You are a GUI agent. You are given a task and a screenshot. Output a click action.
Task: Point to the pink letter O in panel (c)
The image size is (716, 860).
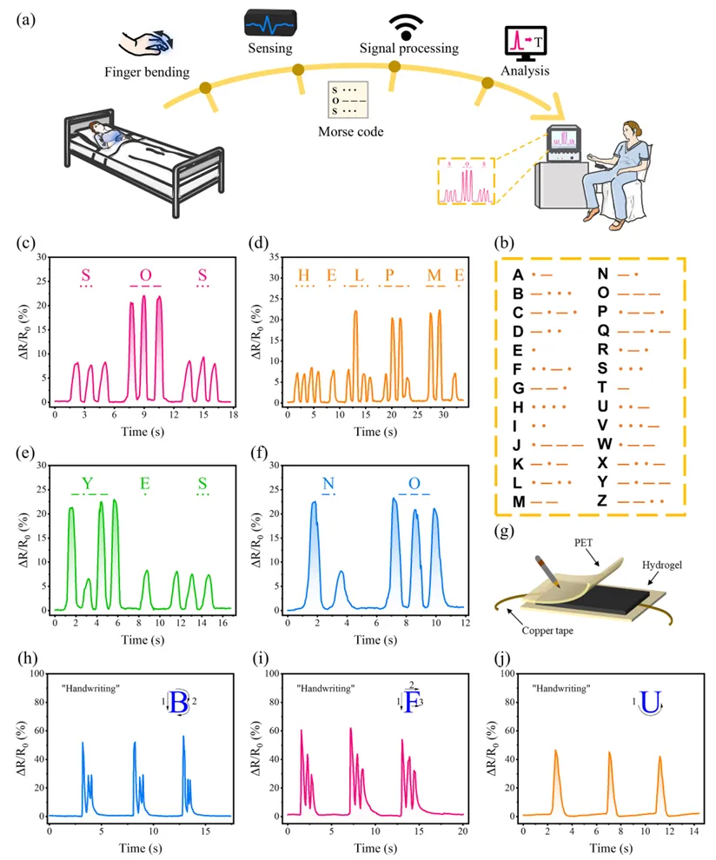(145, 275)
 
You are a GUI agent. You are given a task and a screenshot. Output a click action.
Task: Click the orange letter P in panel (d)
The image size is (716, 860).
(390, 275)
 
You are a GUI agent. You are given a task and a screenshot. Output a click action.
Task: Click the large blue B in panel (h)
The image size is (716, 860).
(179, 703)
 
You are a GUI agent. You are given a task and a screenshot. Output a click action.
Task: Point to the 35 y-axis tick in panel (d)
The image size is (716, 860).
(276, 258)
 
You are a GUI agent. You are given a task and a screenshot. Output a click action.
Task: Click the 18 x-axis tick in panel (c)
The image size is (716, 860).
(233, 416)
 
